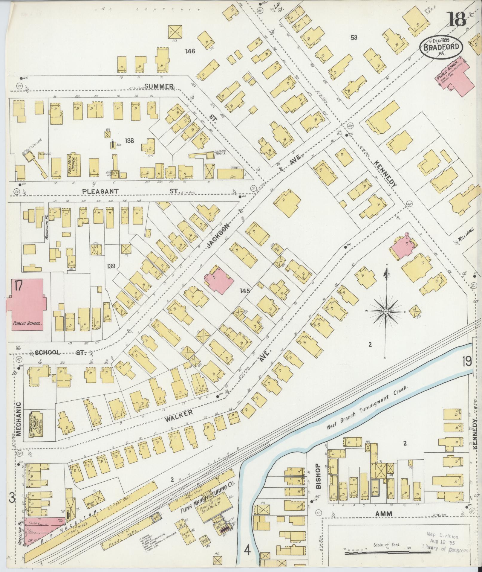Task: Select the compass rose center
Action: coord(386,312)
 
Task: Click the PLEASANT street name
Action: coord(101,191)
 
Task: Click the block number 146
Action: coord(190,51)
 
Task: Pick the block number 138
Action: coord(130,141)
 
